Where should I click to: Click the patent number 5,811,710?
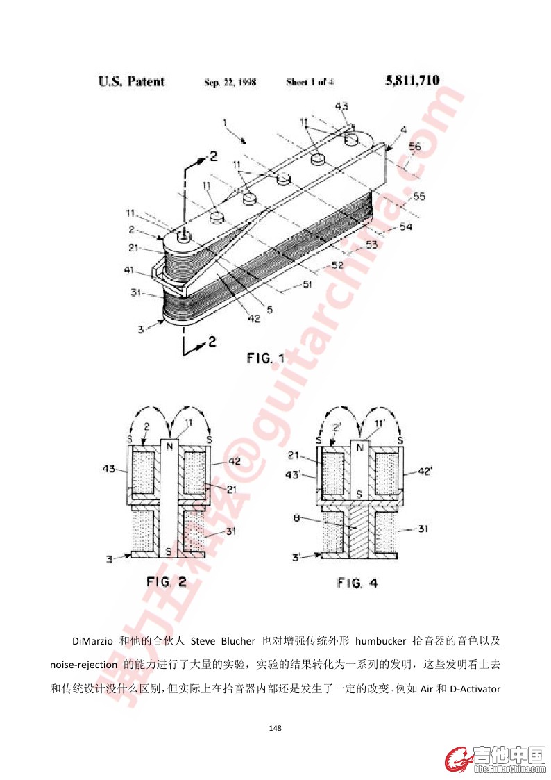412,81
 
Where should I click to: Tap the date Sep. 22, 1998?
230,82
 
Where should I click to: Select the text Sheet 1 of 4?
310,82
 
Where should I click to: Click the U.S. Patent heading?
131,81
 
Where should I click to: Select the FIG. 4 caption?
357,583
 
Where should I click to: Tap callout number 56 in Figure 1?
414,146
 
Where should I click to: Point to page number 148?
275,728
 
